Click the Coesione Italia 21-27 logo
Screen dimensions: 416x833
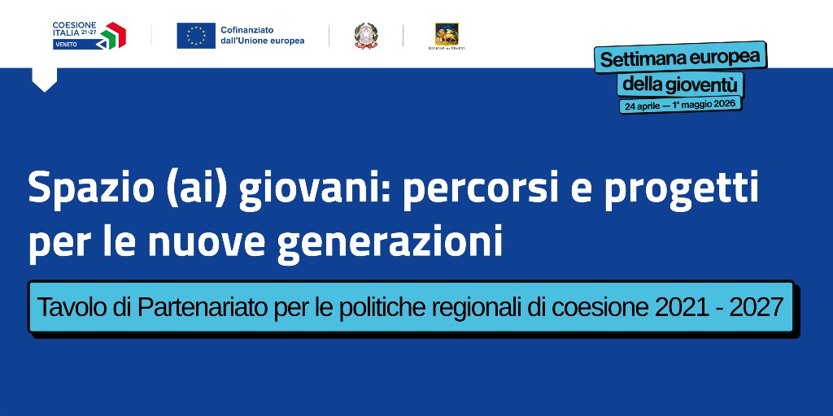coord(89,35)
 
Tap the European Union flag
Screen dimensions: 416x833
coord(196,36)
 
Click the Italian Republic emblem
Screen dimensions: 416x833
coord(366,36)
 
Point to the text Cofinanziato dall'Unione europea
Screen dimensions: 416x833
coord(262,36)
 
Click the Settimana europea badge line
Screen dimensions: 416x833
coord(680,58)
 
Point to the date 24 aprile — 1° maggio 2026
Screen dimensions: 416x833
coord(681,106)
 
